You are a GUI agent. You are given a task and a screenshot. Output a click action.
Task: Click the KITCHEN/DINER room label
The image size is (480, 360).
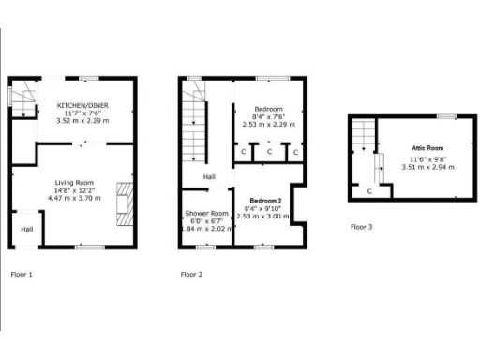coord(82,105)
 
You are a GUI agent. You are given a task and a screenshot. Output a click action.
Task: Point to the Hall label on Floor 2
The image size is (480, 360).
coord(211,176)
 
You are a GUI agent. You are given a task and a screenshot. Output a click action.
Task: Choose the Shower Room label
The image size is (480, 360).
coord(206,213)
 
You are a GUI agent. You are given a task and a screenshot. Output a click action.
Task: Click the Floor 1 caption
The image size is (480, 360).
coord(22,275)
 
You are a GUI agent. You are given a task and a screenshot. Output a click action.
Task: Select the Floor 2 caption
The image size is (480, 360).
coord(191,275)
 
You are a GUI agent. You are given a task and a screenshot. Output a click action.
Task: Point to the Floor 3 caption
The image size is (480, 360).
coord(361,227)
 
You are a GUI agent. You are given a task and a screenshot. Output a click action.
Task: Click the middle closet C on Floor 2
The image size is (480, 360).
coord(268,152)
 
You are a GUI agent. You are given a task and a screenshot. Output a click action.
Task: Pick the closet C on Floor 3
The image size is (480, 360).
coord(369,190)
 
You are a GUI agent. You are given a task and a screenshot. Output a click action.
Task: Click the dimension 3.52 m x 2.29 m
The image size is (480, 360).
coord(82,122)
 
